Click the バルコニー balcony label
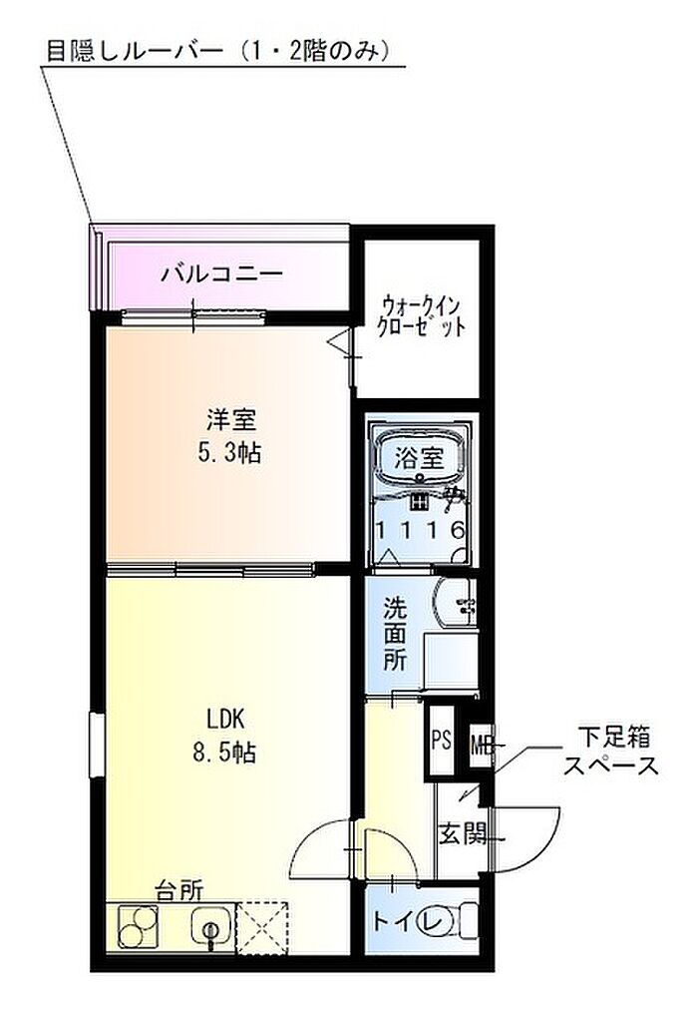tap(222, 273)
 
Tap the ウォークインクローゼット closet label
tap(423, 315)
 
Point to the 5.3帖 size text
tap(229, 452)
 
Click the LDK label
tap(225, 720)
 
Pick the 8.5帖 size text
tap(224, 753)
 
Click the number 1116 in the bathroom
tap(420, 529)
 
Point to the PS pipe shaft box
tap(441, 741)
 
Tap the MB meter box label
tap(483, 745)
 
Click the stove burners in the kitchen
tap(139, 927)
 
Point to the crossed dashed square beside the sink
tap(262, 928)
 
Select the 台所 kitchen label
tap(178, 891)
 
